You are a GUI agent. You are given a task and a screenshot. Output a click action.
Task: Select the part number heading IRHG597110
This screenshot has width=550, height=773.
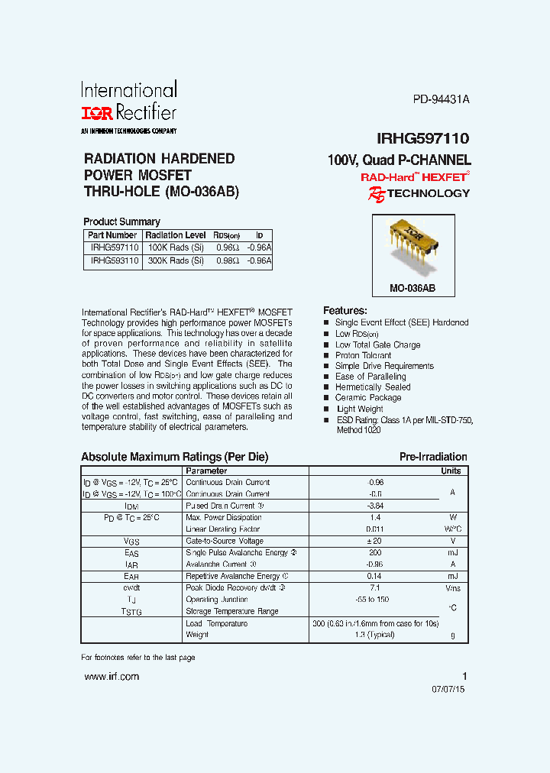[x=422, y=138]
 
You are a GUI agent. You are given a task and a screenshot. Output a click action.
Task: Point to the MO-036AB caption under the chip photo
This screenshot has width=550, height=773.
[x=412, y=289]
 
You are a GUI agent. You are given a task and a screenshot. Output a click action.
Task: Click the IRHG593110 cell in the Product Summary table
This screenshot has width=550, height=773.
[x=112, y=260]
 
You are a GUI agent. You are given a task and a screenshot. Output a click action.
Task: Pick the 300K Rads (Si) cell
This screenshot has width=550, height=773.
[x=176, y=260]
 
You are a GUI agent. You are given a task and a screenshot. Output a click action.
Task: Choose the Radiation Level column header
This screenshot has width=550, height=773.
[x=176, y=235]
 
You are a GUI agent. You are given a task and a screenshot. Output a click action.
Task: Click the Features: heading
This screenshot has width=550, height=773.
[x=345, y=311]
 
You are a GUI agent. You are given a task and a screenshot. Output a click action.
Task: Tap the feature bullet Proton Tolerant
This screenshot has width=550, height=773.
[x=363, y=355]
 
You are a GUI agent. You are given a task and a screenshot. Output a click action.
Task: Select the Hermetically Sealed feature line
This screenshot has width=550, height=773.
[x=373, y=387]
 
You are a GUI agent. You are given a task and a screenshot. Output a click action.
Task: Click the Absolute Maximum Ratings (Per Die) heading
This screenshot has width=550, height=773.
[x=175, y=457]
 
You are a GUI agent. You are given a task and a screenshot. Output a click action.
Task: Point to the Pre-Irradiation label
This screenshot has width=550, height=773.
[x=433, y=457]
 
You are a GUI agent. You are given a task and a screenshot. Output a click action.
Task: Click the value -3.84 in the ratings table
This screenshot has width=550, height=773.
[x=375, y=506]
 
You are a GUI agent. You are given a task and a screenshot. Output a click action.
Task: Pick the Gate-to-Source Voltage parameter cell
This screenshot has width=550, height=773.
[x=225, y=541]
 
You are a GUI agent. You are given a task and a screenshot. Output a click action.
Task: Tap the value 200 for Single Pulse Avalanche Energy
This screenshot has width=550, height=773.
[x=374, y=552]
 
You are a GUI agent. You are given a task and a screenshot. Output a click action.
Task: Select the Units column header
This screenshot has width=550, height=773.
[x=451, y=471]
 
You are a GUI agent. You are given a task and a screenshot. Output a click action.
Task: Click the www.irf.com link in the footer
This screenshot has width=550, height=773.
[x=112, y=677]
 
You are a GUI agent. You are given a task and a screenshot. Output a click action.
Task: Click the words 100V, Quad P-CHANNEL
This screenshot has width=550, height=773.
[x=399, y=160]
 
